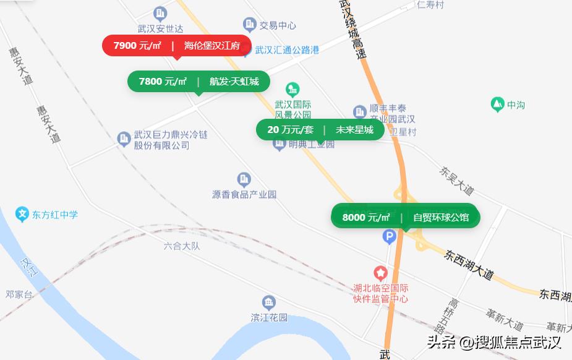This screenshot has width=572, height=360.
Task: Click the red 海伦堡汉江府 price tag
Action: [x=177, y=46]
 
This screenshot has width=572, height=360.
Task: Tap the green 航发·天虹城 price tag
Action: [x=198, y=82]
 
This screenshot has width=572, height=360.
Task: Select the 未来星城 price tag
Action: [x=320, y=130]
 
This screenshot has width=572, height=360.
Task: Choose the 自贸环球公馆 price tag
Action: [x=404, y=217]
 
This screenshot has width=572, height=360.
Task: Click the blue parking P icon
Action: [x=389, y=236]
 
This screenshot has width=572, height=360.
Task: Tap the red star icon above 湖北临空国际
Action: [x=380, y=273]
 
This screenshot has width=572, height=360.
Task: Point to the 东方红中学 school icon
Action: [x=23, y=215]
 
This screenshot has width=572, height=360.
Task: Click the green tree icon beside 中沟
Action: [x=497, y=105]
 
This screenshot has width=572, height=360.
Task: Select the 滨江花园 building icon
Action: [x=269, y=303]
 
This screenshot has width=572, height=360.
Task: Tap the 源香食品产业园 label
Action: [x=244, y=194]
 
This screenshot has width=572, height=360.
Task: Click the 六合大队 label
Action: [x=182, y=246]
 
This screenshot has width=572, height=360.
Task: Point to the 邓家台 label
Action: [x=19, y=294]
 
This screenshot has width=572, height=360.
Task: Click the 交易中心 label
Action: [x=277, y=25]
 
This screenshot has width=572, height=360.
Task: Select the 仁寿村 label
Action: [x=430, y=5]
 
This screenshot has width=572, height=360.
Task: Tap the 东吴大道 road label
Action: [x=456, y=180]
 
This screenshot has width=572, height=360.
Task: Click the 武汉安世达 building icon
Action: [x=160, y=13]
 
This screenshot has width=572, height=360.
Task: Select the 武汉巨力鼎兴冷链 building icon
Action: [x=124, y=138]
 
